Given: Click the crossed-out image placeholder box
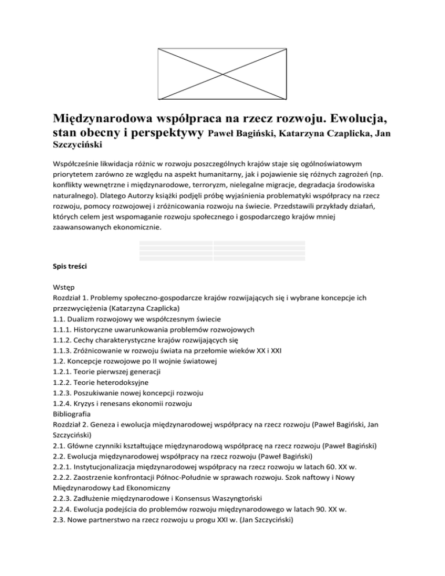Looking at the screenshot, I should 222,75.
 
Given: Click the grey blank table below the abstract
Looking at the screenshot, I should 222,250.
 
